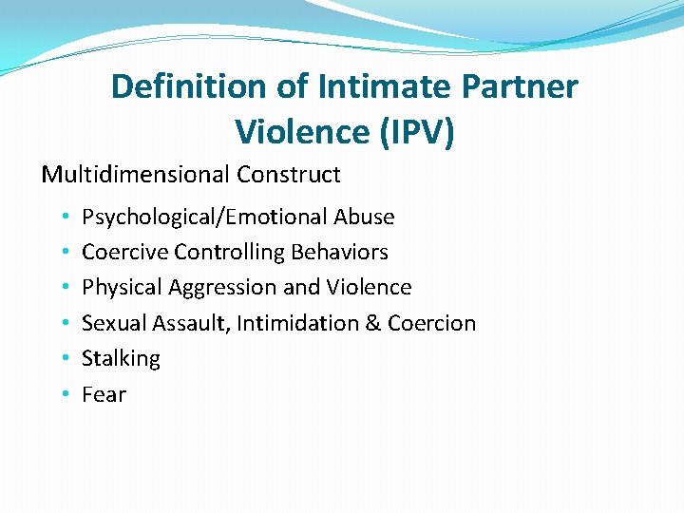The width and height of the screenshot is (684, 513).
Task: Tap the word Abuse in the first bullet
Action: pos(364,217)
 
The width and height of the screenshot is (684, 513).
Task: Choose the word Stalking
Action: pos(121,359)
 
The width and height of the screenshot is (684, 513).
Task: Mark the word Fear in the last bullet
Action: pos(104,394)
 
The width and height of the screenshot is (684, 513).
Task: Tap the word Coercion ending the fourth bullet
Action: pos(431,323)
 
